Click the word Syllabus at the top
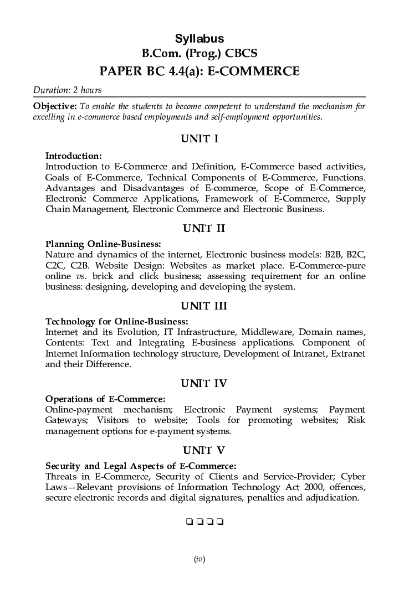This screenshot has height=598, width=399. [x=199, y=39]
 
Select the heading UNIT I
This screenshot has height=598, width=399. [x=199, y=138]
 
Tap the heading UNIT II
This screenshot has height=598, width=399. [x=199, y=228]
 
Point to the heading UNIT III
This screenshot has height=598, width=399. [x=199, y=306]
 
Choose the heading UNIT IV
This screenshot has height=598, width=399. [x=199, y=383]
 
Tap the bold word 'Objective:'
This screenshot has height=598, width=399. [x=54, y=106]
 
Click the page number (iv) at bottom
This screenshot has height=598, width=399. [x=199, y=559]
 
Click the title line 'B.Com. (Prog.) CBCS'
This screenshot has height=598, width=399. [x=199, y=54]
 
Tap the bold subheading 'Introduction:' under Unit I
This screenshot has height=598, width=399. [x=73, y=156]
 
